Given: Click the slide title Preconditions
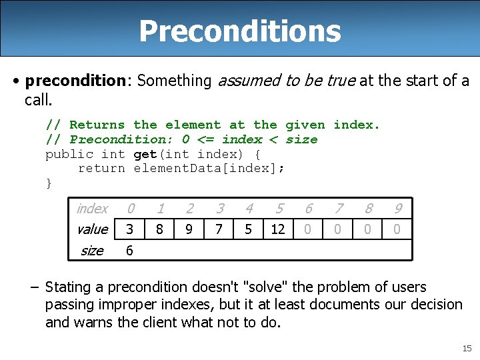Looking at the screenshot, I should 240,31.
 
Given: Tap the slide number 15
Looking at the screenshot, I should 466,349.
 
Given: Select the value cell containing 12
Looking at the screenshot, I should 277,229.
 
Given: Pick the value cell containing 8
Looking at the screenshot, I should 159,229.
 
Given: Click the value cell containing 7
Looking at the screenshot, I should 219,229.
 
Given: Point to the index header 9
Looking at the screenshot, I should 397,209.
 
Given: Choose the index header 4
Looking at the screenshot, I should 249,209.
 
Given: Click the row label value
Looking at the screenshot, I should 92,229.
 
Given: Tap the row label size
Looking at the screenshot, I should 91,251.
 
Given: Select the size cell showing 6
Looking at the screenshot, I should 129,251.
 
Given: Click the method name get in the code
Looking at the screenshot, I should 145,154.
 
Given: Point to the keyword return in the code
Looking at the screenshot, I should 101,168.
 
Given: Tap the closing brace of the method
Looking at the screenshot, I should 49,183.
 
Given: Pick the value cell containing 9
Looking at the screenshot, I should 189,229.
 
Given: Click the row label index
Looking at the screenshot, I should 92,209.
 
